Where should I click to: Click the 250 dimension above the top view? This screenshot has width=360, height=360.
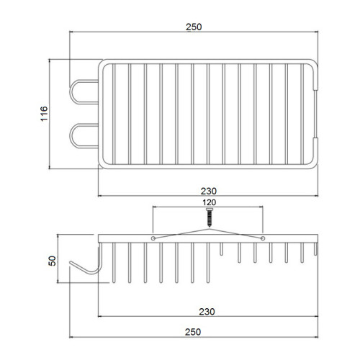tap(194, 27)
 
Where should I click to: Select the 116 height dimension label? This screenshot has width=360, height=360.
tap(44, 114)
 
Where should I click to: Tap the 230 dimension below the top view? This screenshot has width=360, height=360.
tap(209, 192)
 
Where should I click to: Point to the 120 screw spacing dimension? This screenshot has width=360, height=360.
tap(210, 202)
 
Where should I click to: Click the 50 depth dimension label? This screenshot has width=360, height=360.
tap(52, 261)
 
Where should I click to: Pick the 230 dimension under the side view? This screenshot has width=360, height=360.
tap(207, 312)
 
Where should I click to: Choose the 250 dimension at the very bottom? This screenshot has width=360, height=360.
tap(193, 332)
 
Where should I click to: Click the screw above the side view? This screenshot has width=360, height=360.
tap(210, 217)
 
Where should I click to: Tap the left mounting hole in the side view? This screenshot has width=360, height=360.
tap(153, 238)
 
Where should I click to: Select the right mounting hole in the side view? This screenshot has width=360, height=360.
tap(263, 238)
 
